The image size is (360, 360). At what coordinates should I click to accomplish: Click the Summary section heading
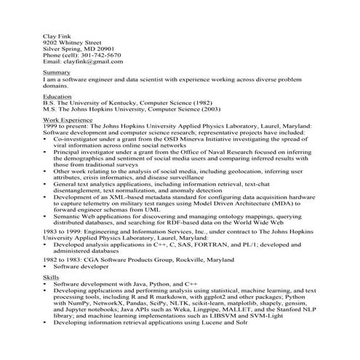57,73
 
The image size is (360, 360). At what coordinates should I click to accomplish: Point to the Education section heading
57,96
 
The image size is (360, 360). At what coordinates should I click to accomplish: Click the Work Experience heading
69,119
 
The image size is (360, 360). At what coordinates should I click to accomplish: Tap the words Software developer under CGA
81,266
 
